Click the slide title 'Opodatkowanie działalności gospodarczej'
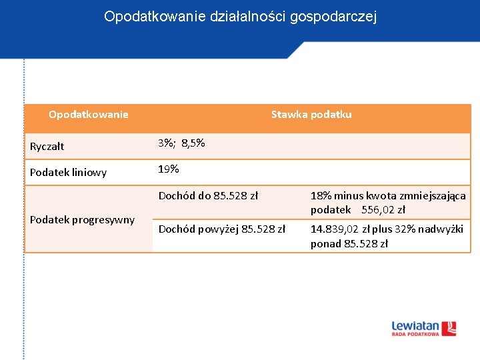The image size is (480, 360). [x=240, y=17]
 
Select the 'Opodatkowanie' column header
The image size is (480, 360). [x=89, y=115]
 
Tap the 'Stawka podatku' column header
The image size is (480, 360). [x=311, y=115]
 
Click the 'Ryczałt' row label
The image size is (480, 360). [x=47, y=147]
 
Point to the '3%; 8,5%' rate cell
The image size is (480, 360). [x=181, y=143]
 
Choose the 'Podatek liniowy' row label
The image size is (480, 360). [x=68, y=173]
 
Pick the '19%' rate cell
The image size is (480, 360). [x=169, y=169]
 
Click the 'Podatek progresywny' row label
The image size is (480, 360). [x=82, y=220]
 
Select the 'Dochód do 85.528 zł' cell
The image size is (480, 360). [x=208, y=196]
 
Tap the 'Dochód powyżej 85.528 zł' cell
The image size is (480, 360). [x=221, y=229]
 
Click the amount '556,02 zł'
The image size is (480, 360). [x=383, y=210]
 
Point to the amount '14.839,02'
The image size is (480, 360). [x=335, y=229]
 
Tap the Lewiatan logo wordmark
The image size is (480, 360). [x=415, y=326]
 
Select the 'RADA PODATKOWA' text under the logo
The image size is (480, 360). [x=415, y=334]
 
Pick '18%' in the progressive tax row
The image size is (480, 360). [x=321, y=196]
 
